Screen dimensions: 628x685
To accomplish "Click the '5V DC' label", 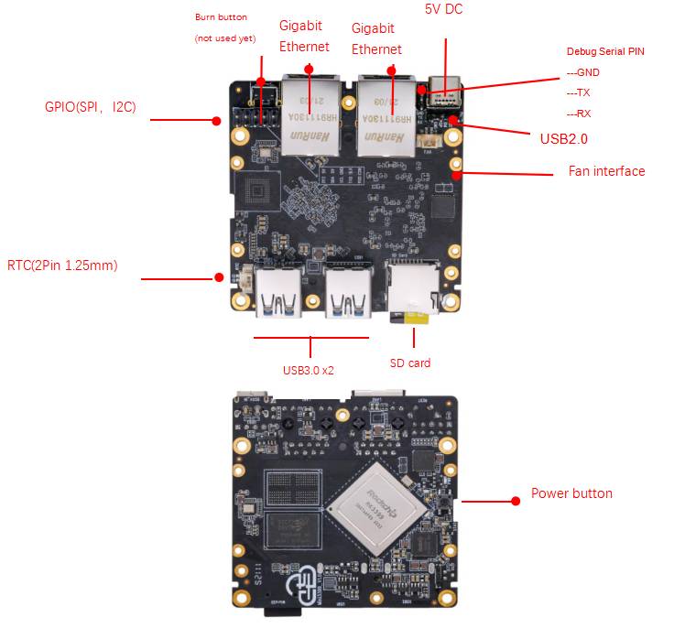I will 445,9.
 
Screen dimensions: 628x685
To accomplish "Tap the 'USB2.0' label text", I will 563,139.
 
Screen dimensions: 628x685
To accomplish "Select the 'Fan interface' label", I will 606,171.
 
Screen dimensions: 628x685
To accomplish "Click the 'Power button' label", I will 571,493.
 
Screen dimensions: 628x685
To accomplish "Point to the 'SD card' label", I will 410,363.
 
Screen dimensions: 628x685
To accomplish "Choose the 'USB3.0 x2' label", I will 308,371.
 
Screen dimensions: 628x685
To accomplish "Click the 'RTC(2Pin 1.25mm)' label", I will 75,265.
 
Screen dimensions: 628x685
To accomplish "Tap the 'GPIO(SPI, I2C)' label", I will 90,107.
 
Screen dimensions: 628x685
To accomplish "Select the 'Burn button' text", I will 221,17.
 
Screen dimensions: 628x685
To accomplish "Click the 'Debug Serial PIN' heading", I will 605,52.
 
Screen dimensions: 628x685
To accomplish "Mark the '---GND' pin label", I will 582,71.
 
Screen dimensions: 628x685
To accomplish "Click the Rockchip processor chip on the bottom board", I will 375,509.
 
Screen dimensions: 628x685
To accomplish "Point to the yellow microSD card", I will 419,317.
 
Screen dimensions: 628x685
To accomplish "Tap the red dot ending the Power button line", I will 515,501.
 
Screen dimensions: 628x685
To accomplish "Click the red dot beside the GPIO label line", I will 217,120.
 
